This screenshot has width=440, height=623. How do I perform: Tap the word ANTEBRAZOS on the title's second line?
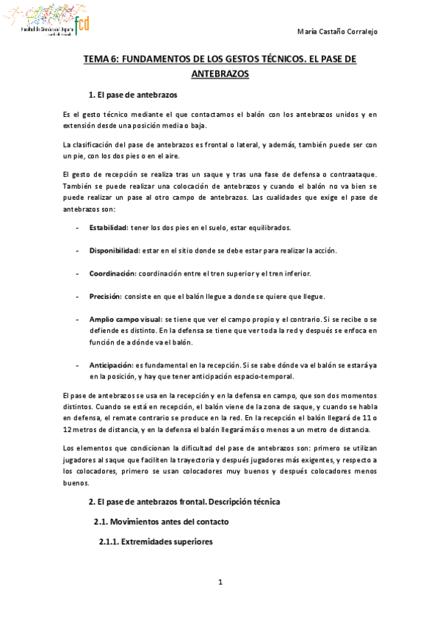pos(220,73)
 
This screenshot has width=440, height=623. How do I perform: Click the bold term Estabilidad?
pos(109,227)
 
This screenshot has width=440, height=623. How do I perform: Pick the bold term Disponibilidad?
pos(115,250)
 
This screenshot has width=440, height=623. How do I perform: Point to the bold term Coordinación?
pos(113,273)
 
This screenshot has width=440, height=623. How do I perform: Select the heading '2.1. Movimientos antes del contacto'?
pos(161,522)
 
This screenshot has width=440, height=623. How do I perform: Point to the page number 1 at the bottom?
pos(220,583)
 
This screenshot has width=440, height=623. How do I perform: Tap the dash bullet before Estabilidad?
pos(78,227)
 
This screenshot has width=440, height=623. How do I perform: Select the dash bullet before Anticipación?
pos(78,364)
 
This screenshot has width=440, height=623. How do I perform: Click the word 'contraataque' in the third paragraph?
pos(356,174)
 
